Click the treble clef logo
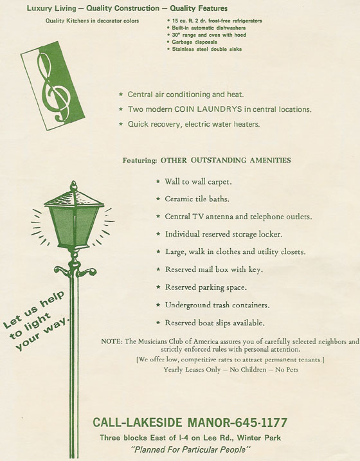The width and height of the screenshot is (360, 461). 53,86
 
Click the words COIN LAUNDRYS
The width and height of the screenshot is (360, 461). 208,109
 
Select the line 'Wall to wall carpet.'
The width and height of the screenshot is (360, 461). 198,182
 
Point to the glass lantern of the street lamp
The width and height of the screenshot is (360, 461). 74,224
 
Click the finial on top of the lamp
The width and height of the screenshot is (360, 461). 73,186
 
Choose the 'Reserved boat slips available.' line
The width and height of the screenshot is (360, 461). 215,323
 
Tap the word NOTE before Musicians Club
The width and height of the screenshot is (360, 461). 111,341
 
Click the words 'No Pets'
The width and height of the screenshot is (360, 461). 287,370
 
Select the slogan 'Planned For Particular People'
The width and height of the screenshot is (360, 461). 190,449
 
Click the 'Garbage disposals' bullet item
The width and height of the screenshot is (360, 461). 194,42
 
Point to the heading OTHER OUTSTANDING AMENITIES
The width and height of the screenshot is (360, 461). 226,160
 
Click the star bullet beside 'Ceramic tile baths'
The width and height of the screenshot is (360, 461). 158,199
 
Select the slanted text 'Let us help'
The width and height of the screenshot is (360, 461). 33,309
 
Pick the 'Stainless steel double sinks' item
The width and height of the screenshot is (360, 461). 206,49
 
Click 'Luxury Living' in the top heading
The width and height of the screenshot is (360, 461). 51,8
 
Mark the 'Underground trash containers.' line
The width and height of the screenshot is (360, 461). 217,305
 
